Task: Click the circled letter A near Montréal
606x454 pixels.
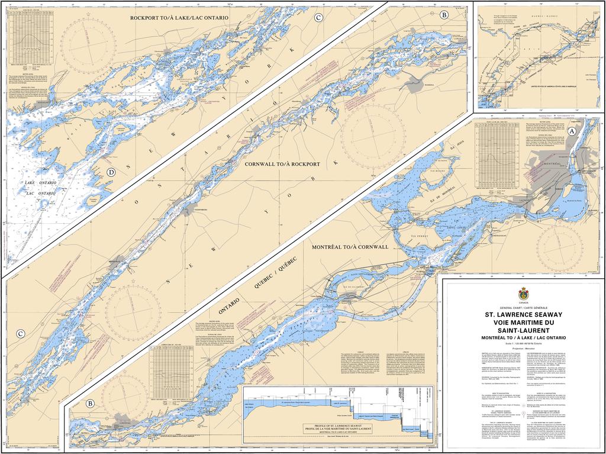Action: pos(572,131)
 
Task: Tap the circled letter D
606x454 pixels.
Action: pos(110,172)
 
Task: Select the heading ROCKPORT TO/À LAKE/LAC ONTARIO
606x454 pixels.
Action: pos(179,18)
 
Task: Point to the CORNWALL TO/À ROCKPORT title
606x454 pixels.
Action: pos(282,163)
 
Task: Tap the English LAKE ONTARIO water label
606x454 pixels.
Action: pos(41,183)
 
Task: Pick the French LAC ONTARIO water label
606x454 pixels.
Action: pos(41,194)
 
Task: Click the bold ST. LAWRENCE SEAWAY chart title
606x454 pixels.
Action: pos(523,315)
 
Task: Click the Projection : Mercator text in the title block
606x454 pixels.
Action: pos(523,348)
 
